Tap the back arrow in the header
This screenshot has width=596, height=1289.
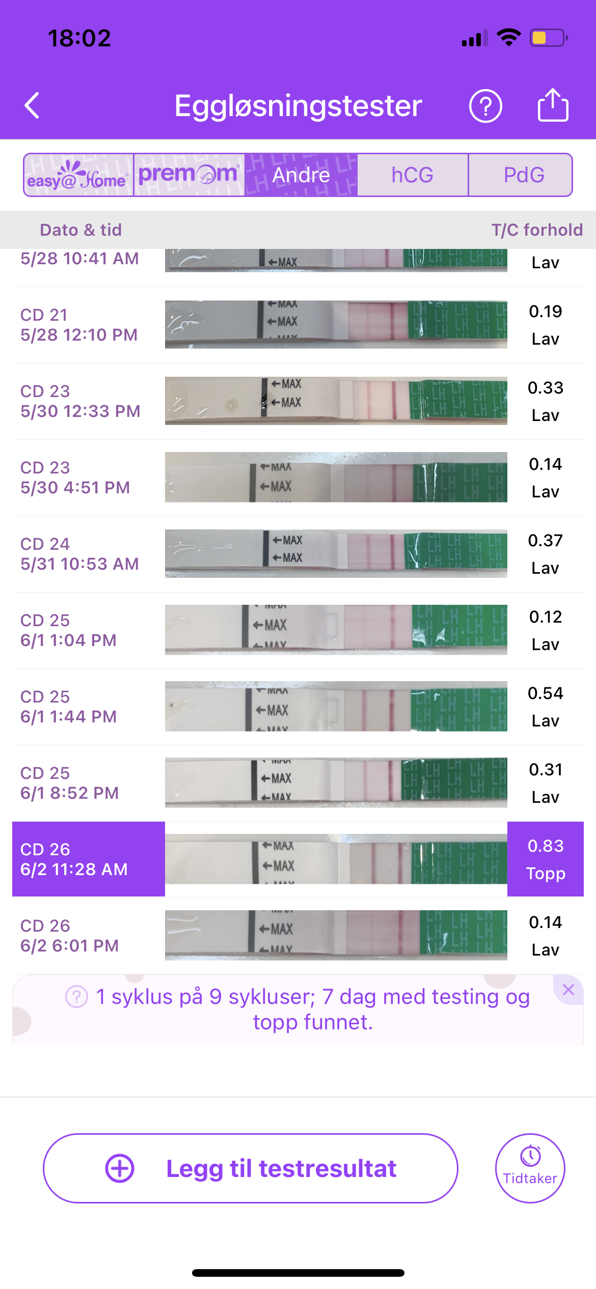(x=32, y=105)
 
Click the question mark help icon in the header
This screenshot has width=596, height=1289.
(x=485, y=106)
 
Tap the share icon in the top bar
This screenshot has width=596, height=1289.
(x=553, y=105)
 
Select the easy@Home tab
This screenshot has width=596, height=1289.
(x=78, y=175)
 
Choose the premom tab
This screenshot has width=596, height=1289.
(x=189, y=175)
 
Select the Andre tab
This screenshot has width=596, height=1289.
(x=301, y=175)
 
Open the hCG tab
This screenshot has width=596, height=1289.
(x=412, y=175)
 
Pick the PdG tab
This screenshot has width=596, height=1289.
(x=524, y=175)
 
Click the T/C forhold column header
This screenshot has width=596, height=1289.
(x=537, y=230)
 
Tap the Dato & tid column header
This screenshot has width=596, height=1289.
(x=81, y=230)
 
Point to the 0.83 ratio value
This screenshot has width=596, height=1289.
(x=546, y=846)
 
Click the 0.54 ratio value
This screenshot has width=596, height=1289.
(x=546, y=693)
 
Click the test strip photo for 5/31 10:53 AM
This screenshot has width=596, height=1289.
(x=336, y=554)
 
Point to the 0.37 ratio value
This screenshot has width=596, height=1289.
(x=546, y=541)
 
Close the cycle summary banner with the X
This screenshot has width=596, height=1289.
(x=568, y=990)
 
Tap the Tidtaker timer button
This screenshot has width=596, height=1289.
(x=530, y=1168)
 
